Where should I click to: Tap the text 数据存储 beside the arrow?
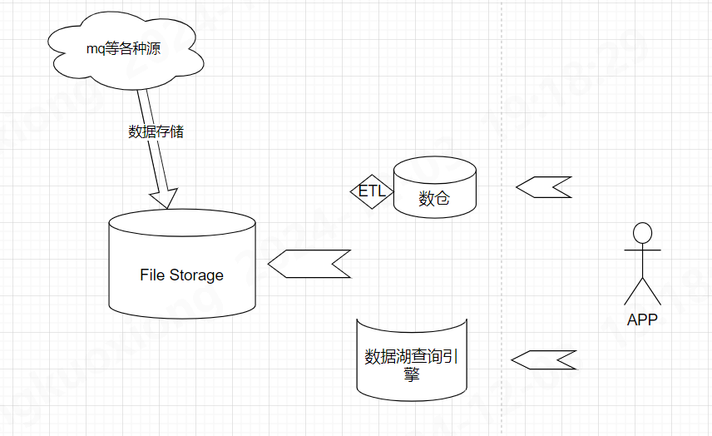[x=156, y=131]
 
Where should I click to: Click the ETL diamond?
[x=372, y=191]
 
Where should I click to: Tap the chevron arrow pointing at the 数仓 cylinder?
[x=544, y=187]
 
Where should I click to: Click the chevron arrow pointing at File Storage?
[x=309, y=263]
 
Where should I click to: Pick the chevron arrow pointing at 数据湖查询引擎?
[x=543, y=359]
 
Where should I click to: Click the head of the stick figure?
[x=641, y=231]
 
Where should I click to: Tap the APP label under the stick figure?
[x=641, y=320]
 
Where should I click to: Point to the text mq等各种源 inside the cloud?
[x=123, y=49]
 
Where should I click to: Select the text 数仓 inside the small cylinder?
[x=434, y=199]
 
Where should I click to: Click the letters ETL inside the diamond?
[x=372, y=191]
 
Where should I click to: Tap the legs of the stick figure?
[x=641, y=291]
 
